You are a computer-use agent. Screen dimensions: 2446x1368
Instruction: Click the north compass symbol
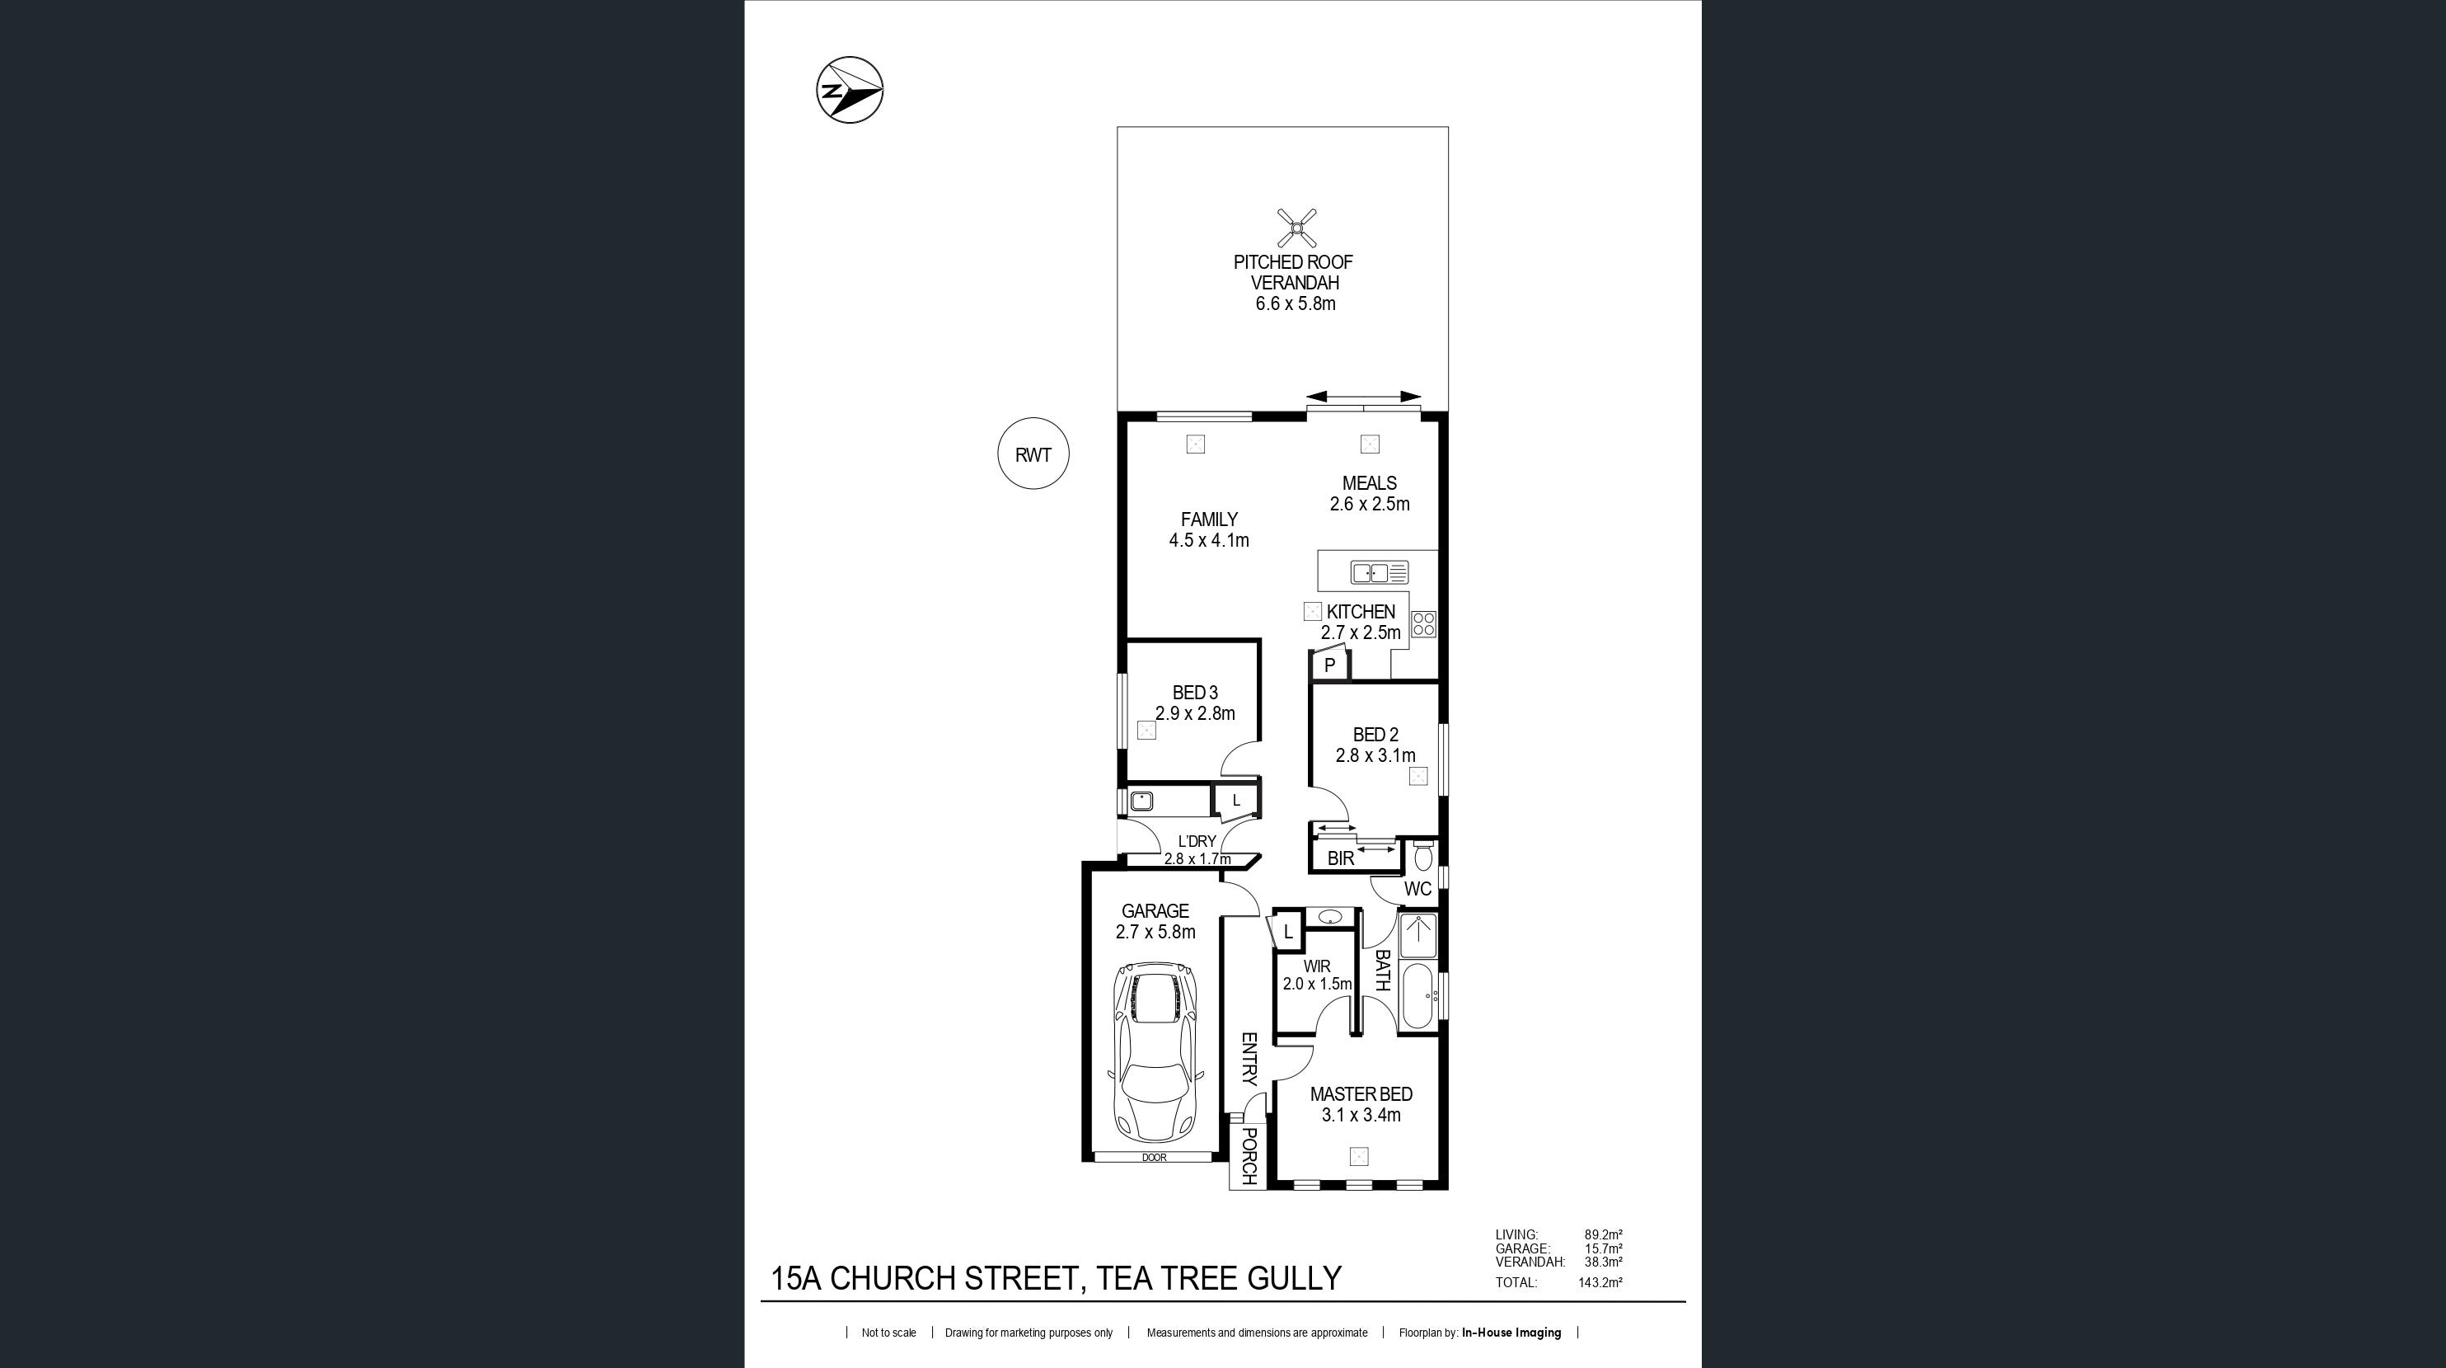pyautogui.click(x=850, y=90)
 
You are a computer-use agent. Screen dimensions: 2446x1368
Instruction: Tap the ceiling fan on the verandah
pyautogui.click(x=1296, y=228)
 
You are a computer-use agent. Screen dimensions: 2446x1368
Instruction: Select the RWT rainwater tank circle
pyautogui.click(x=1033, y=454)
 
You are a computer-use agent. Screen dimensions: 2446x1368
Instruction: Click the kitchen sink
pyautogui.click(x=1380, y=573)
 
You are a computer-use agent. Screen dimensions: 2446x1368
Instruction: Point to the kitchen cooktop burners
pyautogui.click(x=1423, y=624)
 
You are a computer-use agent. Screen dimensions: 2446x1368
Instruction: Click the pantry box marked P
pyautogui.click(x=1329, y=665)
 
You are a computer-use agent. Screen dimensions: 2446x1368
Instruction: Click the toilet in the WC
pyautogui.click(x=1422, y=854)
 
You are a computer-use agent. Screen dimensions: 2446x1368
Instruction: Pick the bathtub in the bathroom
pyautogui.click(x=1418, y=997)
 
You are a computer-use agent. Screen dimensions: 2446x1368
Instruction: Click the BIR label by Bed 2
pyautogui.click(x=1340, y=858)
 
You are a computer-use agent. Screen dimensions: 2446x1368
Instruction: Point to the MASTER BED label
pyautogui.click(x=1361, y=1094)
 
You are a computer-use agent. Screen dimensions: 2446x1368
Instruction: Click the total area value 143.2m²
pyautogui.click(x=1600, y=1282)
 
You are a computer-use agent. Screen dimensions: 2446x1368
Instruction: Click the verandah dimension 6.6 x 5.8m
pyautogui.click(x=1296, y=304)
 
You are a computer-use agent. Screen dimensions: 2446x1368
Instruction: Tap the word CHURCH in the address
pyautogui.click(x=893, y=1279)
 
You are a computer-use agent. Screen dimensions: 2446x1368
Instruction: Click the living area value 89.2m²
pyautogui.click(x=1603, y=1235)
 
